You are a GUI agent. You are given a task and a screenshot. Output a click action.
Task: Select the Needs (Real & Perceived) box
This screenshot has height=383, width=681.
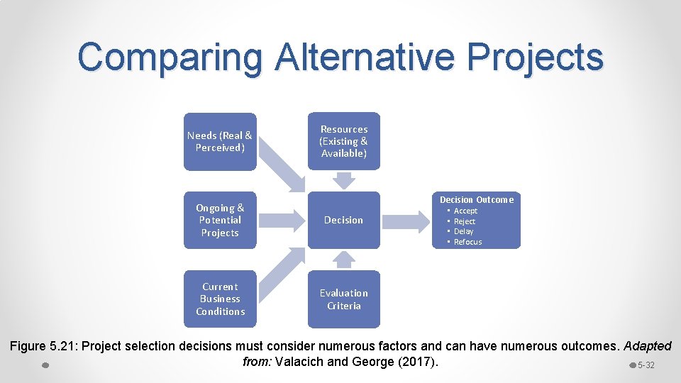219,141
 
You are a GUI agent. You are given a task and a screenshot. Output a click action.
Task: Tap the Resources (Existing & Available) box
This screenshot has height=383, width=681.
344,141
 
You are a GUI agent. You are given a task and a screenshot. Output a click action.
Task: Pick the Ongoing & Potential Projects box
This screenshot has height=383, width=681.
219,220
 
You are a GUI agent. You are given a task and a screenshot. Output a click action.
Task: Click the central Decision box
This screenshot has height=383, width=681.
344,220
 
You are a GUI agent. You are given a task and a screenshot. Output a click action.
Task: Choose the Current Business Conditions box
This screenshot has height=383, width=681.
219,299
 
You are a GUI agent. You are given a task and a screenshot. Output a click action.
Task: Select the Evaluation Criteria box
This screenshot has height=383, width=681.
344,299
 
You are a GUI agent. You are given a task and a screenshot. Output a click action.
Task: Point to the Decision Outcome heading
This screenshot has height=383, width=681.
477,199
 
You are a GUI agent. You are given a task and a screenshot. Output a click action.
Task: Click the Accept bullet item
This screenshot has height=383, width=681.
465,211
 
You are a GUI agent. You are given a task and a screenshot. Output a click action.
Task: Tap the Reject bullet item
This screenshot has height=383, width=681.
465,221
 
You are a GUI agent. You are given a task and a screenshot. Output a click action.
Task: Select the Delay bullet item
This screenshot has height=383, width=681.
463,231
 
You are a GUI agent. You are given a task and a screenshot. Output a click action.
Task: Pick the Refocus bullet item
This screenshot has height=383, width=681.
467,242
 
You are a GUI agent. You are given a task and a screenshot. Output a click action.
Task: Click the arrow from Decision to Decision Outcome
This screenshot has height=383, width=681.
406,220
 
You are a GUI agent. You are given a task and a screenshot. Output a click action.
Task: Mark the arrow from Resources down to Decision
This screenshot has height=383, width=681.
344,180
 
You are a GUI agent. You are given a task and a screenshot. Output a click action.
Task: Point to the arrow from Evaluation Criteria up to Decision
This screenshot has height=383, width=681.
344,260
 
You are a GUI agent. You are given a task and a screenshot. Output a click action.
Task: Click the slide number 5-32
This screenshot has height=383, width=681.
646,365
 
